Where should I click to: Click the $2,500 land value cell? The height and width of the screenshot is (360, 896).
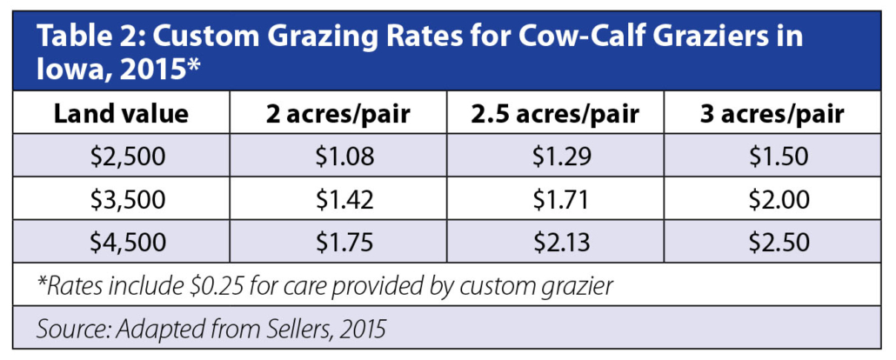(x=121, y=158)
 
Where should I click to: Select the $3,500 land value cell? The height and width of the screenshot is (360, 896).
(x=121, y=200)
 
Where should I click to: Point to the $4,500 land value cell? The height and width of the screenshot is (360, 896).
(x=121, y=241)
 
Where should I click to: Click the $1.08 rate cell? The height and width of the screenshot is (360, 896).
(x=338, y=158)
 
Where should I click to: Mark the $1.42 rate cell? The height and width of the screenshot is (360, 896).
(x=338, y=200)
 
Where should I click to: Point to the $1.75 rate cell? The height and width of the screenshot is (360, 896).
(x=338, y=241)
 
